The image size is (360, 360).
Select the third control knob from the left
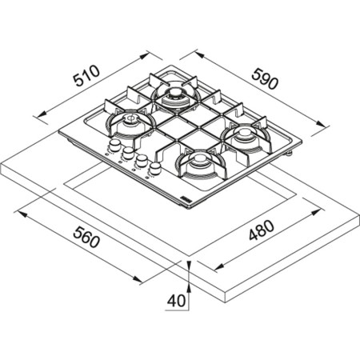click(x=139, y=159)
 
